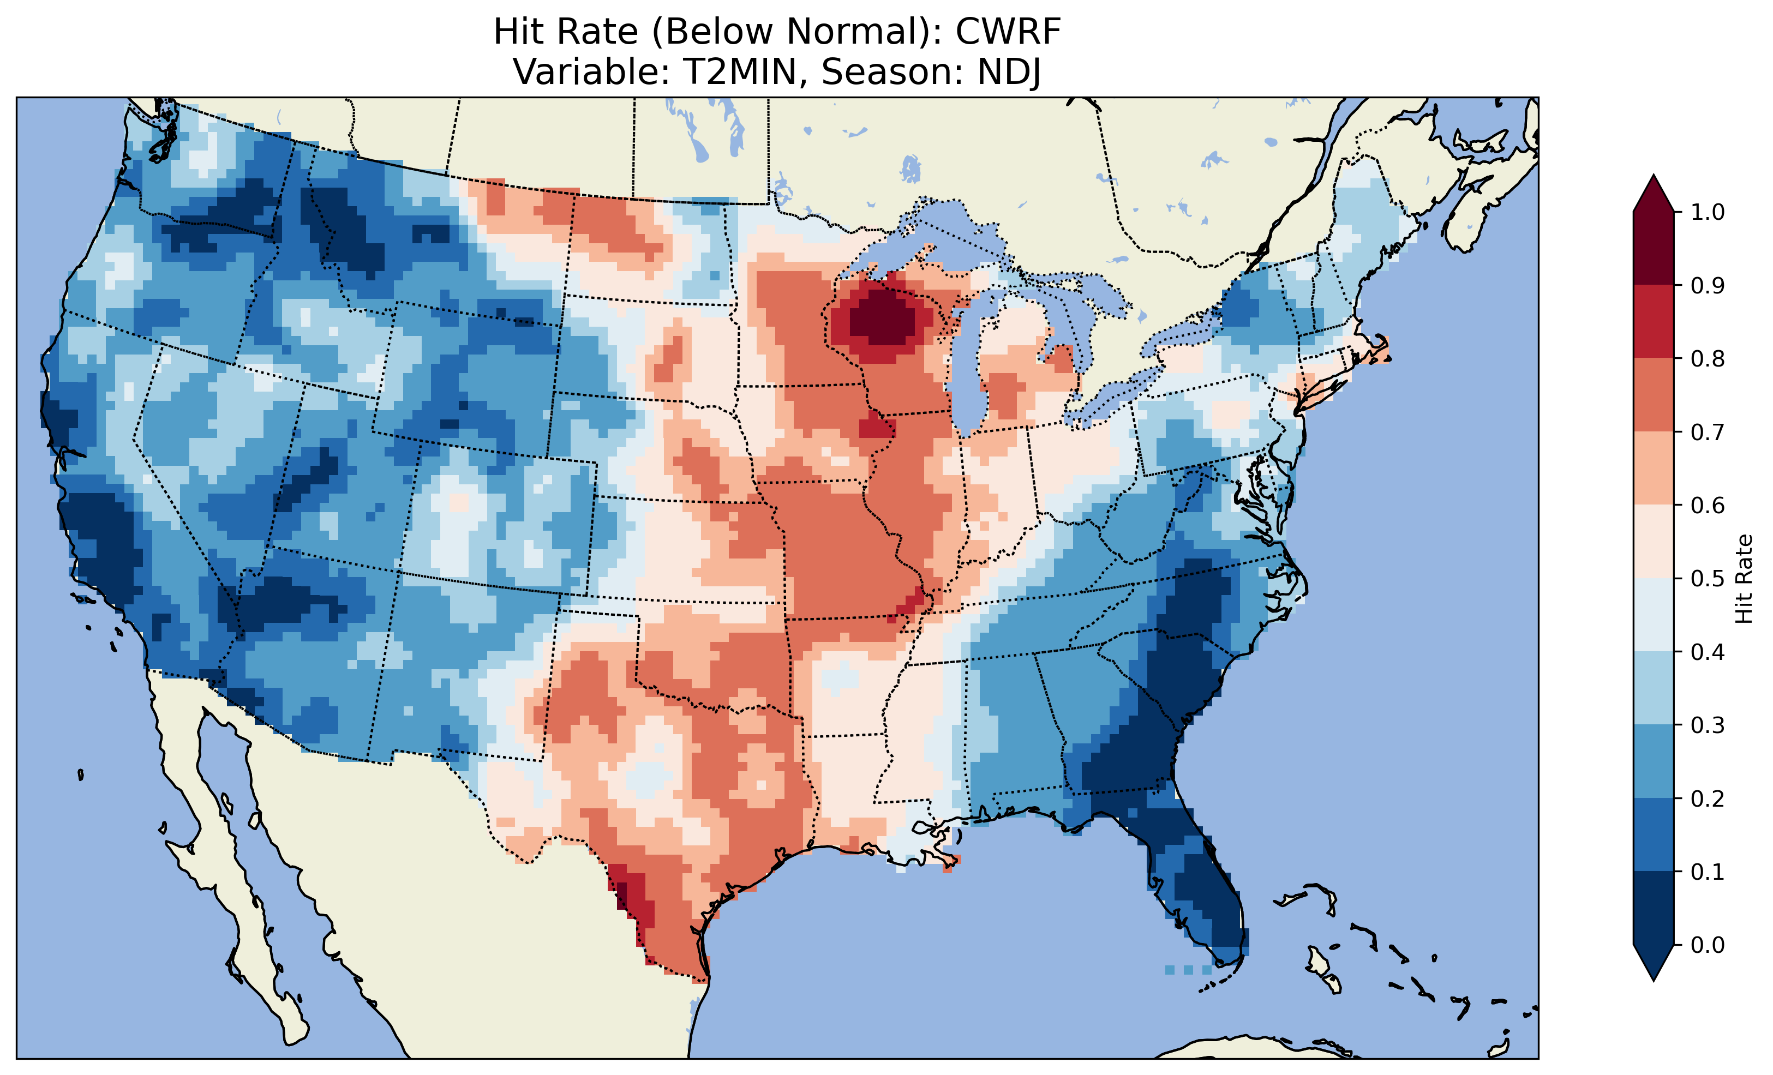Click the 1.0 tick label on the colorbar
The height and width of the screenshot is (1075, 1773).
1708,212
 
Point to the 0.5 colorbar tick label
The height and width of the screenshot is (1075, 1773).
1708,579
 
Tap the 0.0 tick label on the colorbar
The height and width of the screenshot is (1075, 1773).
1708,945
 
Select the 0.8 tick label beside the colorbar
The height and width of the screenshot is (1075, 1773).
1708,358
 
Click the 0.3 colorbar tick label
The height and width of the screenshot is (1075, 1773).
1708,725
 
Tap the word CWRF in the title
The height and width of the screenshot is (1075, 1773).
1008,32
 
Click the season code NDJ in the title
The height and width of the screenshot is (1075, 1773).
1009,72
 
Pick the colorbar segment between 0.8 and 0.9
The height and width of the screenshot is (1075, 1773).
1654,322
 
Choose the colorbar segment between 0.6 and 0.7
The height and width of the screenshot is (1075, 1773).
1654,468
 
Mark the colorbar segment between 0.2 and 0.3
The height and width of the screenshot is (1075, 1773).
1654,761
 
